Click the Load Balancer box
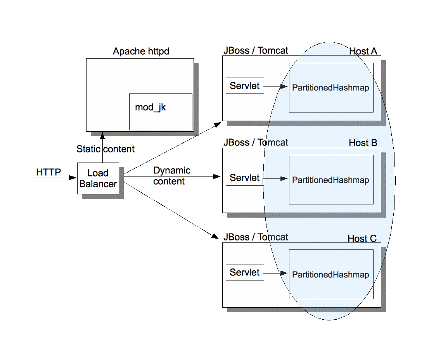click(98, 178)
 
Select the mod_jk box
click(161, 112)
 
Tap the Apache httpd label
click(141, 52)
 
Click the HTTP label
click(48, 172)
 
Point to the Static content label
click(106, 149)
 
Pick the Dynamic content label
click(172, 176)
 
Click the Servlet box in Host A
click(245, 86)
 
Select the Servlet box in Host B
click(245, 178)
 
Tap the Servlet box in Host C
click(245, 272)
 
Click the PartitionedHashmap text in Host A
click(330, 88)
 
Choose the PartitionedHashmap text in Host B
click(330, 180)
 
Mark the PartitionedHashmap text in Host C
click(330, 275)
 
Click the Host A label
click(363, 51)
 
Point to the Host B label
click(363, 143)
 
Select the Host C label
click(362, 239)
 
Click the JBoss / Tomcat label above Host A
click(256, 50)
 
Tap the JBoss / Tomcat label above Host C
click(256, 237)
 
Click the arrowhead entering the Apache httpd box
click(103, 135)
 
